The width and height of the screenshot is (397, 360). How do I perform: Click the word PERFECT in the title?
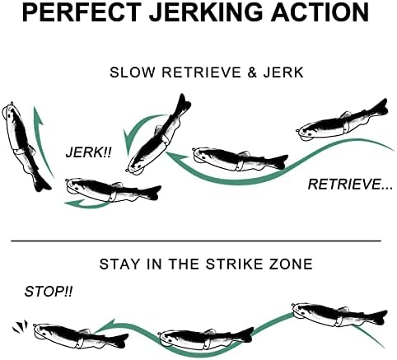[x=82, y=12]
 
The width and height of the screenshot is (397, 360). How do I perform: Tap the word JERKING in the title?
[x=206, y=12]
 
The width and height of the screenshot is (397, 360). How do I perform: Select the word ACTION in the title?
[x=320, y=12]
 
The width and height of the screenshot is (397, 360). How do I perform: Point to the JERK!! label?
[x=89, y=152]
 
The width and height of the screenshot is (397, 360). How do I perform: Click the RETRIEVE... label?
[x=350, y=184]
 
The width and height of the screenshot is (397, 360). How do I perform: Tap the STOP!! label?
[x=49, y=292]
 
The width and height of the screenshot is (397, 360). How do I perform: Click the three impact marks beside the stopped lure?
[x=20, y=327]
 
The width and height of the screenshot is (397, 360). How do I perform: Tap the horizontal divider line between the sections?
[x=196, y=241]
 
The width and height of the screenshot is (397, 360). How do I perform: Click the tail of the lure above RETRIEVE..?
[x=380, y=109]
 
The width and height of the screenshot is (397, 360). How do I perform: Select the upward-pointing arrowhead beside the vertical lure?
[x=38, y=116]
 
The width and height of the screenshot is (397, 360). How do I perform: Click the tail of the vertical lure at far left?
[x=42, y=184]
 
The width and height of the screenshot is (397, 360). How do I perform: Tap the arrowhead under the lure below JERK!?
[x=72, y=203]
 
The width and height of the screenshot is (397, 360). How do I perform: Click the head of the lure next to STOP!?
[x=44, y=332]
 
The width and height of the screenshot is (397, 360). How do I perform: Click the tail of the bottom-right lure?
[x=380, y=317]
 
